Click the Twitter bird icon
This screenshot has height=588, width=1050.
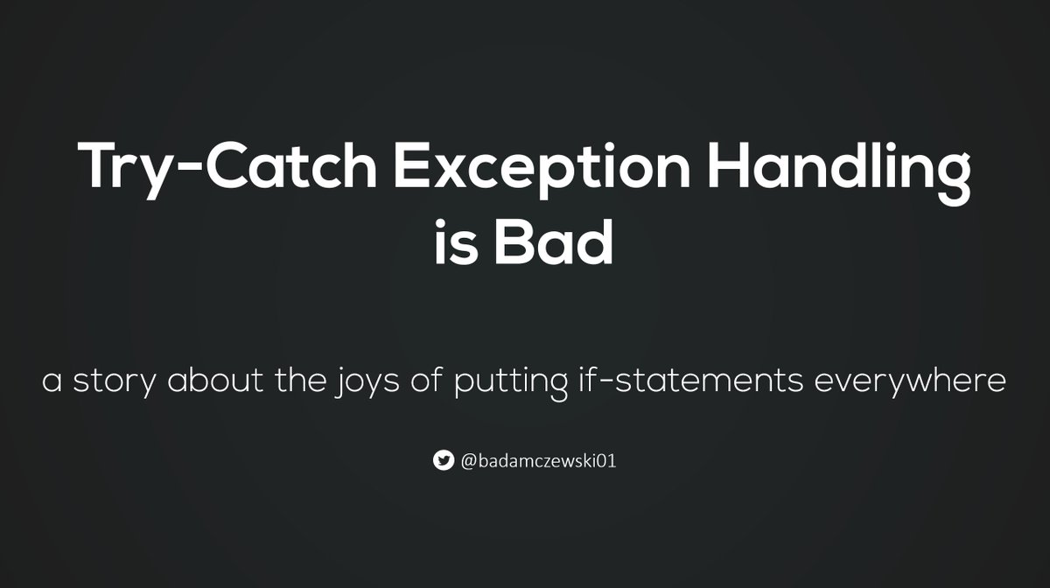point(444,460)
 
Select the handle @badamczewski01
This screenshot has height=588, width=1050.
point(538,460)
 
